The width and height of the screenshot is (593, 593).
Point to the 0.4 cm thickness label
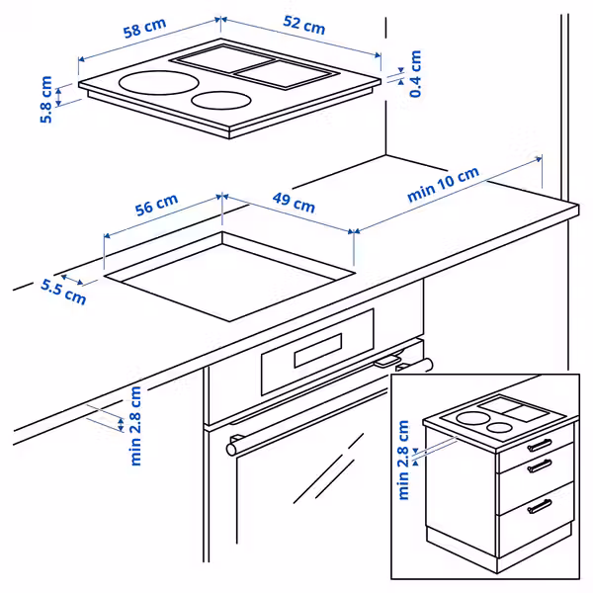415,73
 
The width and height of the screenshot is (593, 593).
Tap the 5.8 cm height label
45,99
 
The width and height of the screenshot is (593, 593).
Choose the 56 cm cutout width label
156,207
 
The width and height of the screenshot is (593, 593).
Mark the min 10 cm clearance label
443,185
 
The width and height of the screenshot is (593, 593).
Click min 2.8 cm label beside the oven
135,425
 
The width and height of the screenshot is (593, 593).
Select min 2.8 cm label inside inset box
403,460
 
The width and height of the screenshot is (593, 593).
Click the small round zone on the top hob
219,100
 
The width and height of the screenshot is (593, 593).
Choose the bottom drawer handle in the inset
540,507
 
